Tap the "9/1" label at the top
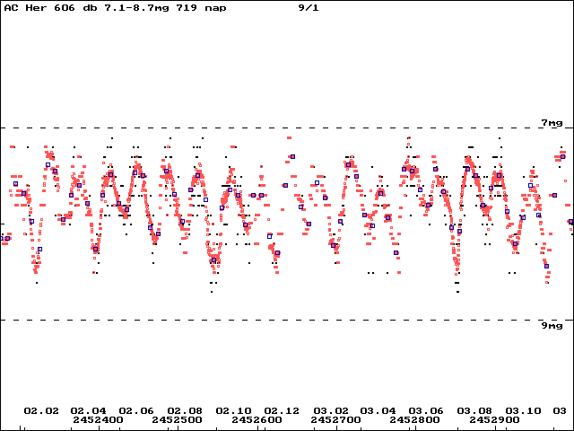(309, 8)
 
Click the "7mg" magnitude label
(552, 123)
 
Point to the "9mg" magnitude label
(552, 326)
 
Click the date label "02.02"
(41, 411)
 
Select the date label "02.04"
(88, 411)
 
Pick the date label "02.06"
(136, 411)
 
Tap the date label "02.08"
(185, 411)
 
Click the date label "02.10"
(233, 411)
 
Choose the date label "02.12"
(282, 411)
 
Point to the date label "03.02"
(331, 411)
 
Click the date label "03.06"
(426, 411)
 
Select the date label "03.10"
(523, 411)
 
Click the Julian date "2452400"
(98, 419)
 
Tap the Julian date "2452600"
(257, 419)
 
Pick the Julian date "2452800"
(414, 419)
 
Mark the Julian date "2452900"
(494, 419)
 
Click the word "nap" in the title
(215, 8)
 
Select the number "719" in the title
(187, 8)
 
